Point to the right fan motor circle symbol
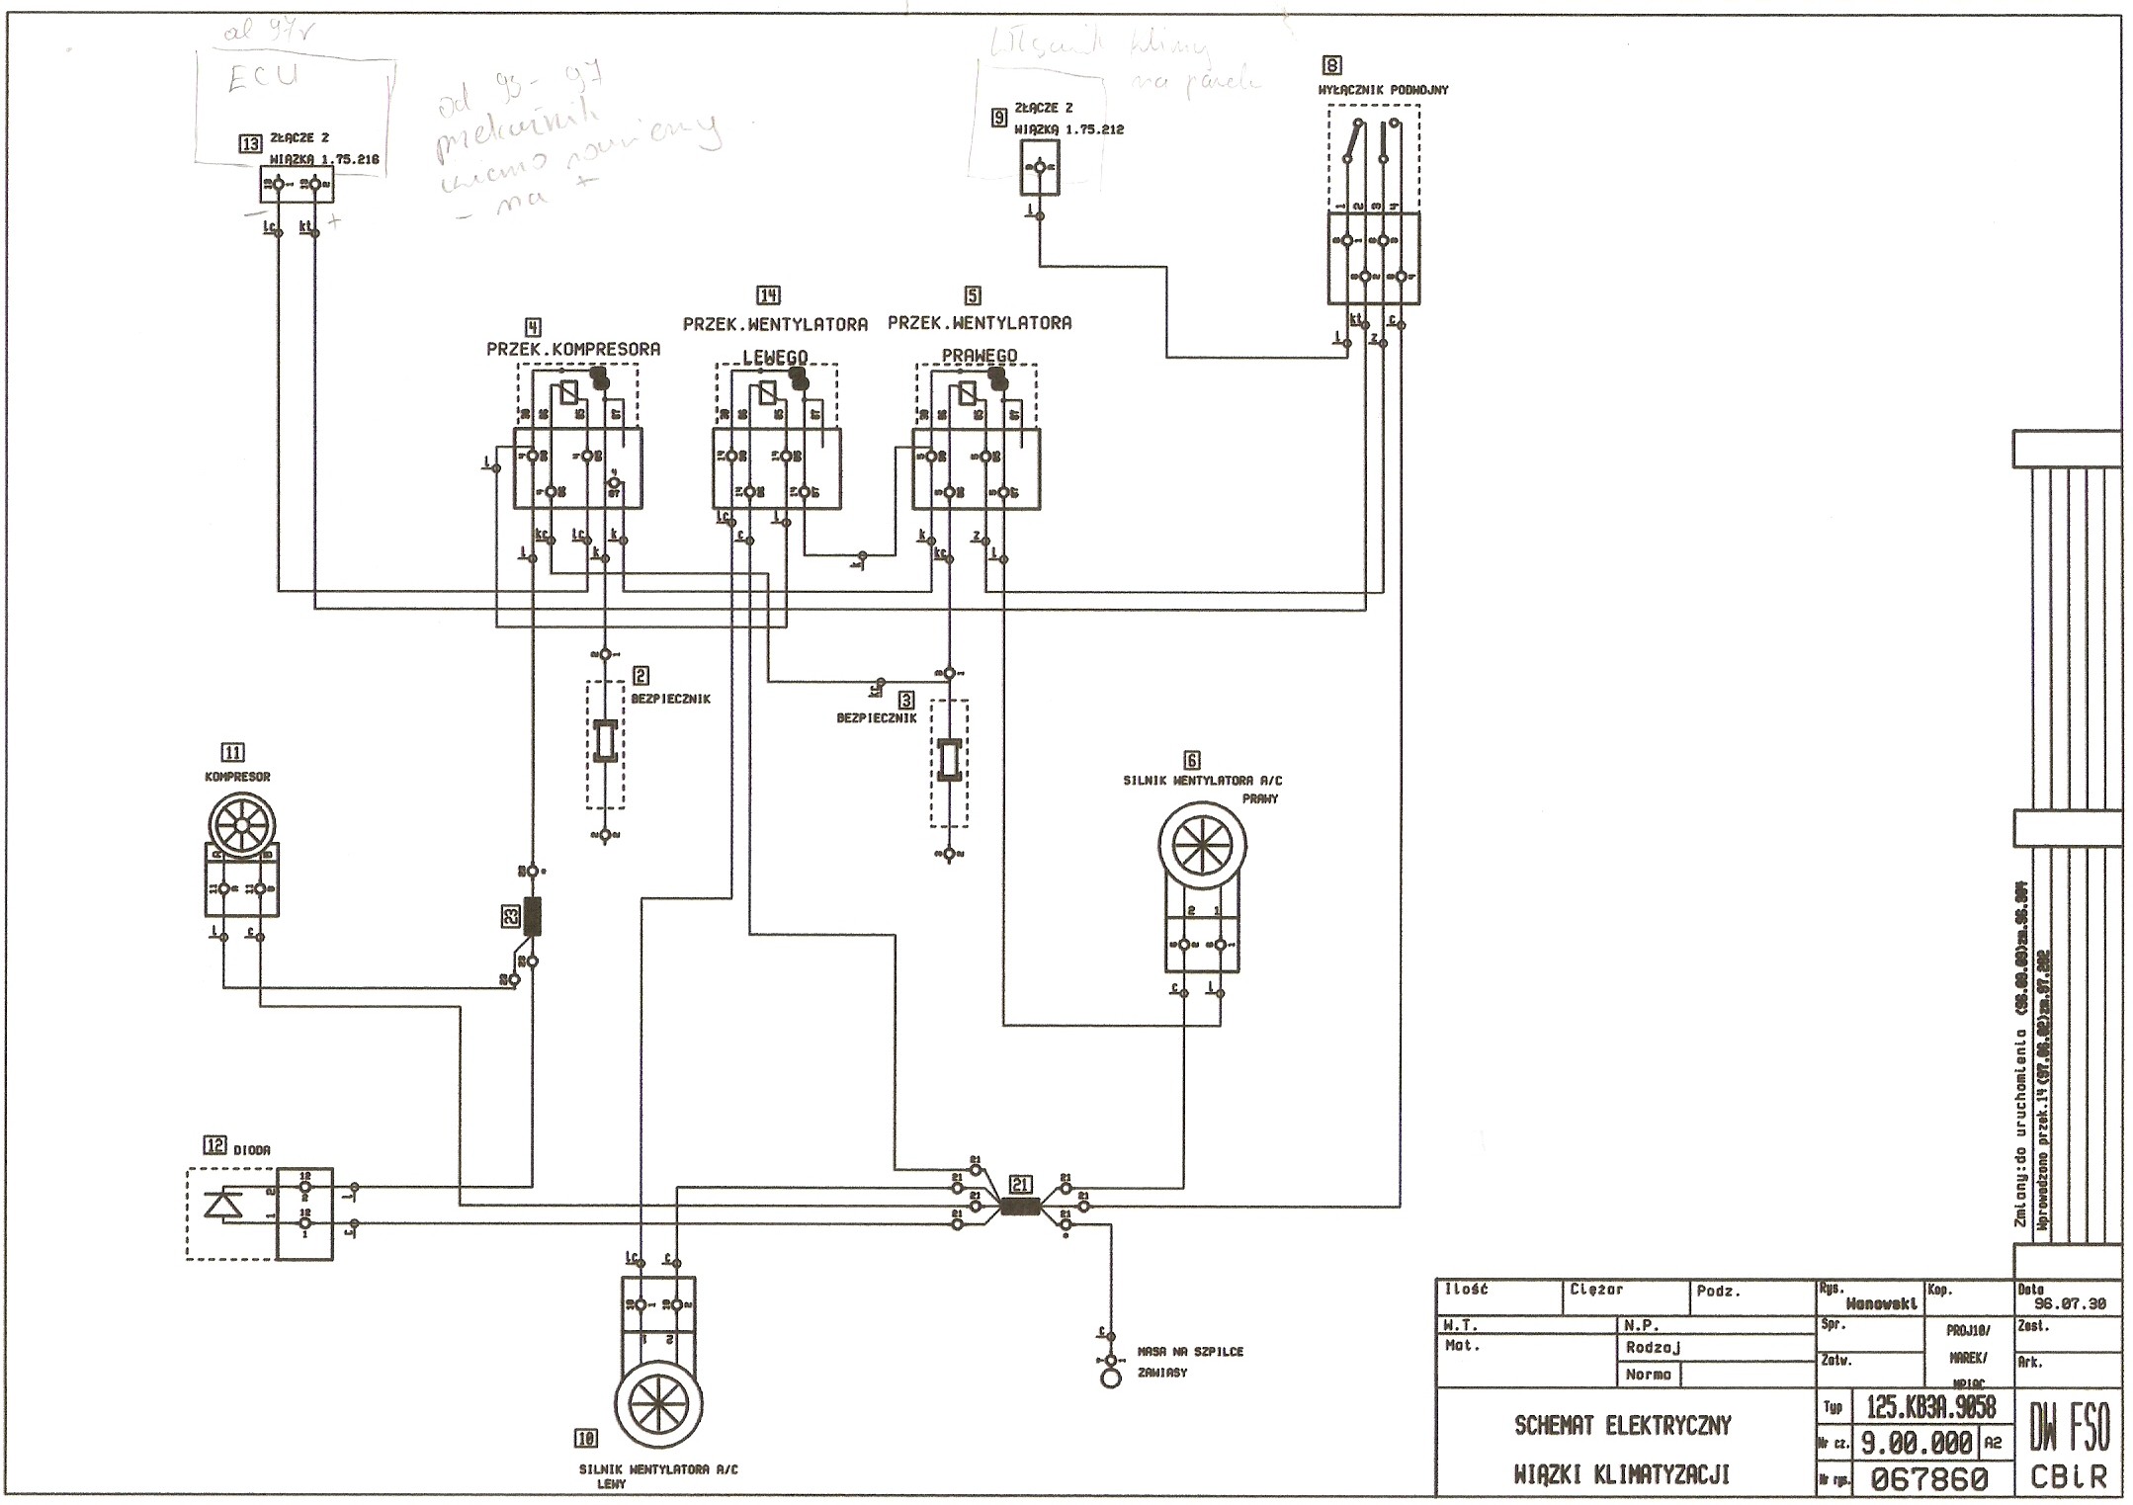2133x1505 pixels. click(1201, 846)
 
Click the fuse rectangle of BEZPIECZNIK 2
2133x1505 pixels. click(605, 742)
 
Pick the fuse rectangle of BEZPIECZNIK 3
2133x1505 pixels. click(949, 761)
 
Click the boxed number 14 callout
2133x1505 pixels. click(768, 294)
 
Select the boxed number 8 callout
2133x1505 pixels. click(1332, 65)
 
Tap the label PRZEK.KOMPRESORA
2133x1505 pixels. click(573, 349)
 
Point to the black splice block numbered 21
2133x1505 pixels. click(1020, 1207)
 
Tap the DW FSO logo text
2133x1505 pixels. click(2070, 1428)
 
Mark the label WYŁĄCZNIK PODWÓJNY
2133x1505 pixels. click(1383, 90)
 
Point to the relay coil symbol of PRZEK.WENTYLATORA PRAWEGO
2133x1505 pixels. click(967, 392)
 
